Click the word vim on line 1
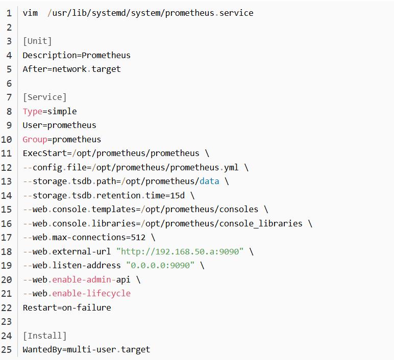coord(30,13)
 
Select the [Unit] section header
coord(37,41)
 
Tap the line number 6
coord(9,83)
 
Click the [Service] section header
coord(45,97)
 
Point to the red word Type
coord(33,112)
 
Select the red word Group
coord(35,140)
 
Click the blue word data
coord(209,181)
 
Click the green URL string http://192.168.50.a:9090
coord(180,251)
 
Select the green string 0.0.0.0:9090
coord(160,266)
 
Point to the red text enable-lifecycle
coord(91,294)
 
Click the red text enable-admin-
coord(82,279)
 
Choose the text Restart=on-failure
coord(67,308)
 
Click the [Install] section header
coord(45,336)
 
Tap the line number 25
coord(7,350)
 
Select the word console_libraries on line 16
coord(261,223)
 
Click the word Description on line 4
coord(50,55)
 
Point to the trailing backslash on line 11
coord(207,153)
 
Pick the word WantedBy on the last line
coord(42,350)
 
